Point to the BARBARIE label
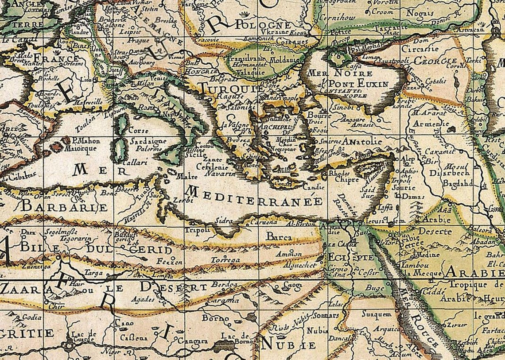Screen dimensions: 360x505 [x=64, y=207]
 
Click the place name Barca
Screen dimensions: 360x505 [x=279, y=237]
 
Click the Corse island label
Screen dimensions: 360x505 [x=138, y=131]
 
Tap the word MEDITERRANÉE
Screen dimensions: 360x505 [x=255, y=197]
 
